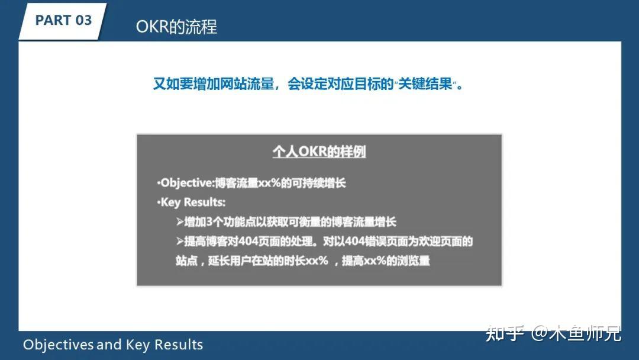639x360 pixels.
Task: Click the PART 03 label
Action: [63, 20]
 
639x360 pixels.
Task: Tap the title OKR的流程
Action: [176, 27]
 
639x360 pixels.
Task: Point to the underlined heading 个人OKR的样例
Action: [319, 152]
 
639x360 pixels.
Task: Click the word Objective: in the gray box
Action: [188, 183]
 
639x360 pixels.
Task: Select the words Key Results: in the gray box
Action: [193, 202]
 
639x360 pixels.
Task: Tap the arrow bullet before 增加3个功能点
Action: [180, 222]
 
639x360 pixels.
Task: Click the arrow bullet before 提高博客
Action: [180, 242]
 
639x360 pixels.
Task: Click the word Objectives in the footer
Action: [58, 345]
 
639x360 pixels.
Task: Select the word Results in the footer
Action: [178, 345]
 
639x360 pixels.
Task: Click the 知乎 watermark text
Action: [505, 333]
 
